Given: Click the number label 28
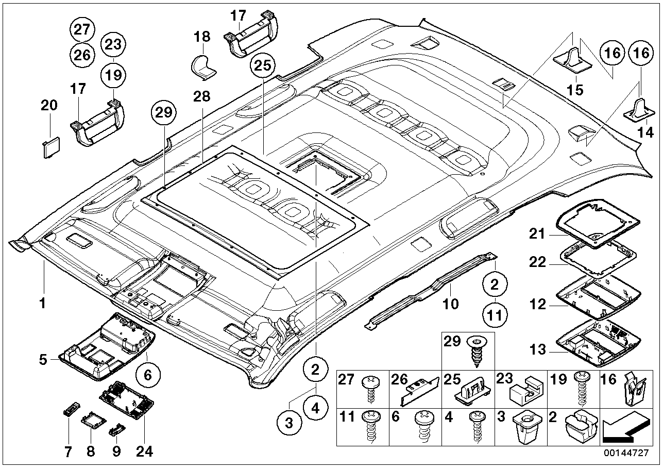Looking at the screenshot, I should (202, 96).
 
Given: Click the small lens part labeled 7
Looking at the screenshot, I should (69, 410).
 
